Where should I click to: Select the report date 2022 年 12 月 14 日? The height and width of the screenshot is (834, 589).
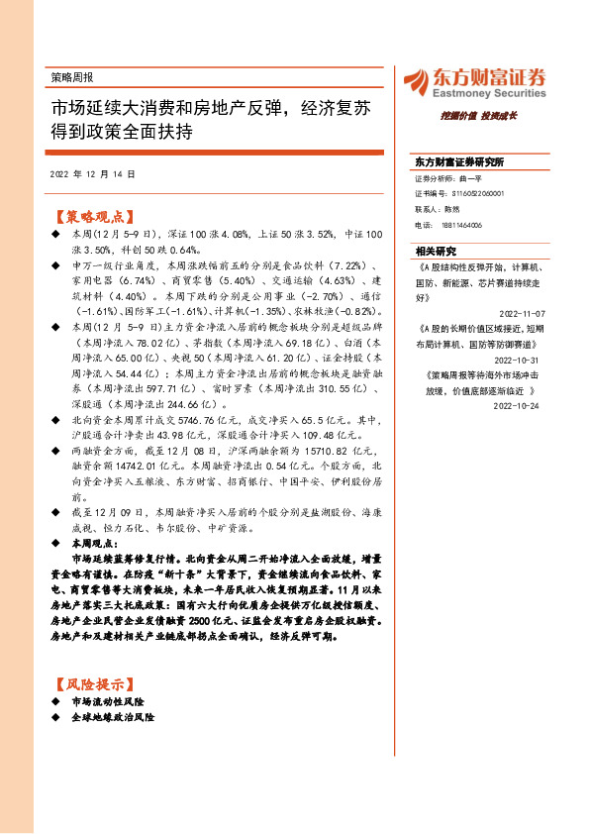(x=91, y=173)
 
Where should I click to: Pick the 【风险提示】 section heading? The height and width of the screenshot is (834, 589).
(x=91, y=684)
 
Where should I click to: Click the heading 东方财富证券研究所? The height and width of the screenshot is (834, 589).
(x=459, y=160)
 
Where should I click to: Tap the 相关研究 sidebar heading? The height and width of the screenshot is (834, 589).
(x=436, y=251)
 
